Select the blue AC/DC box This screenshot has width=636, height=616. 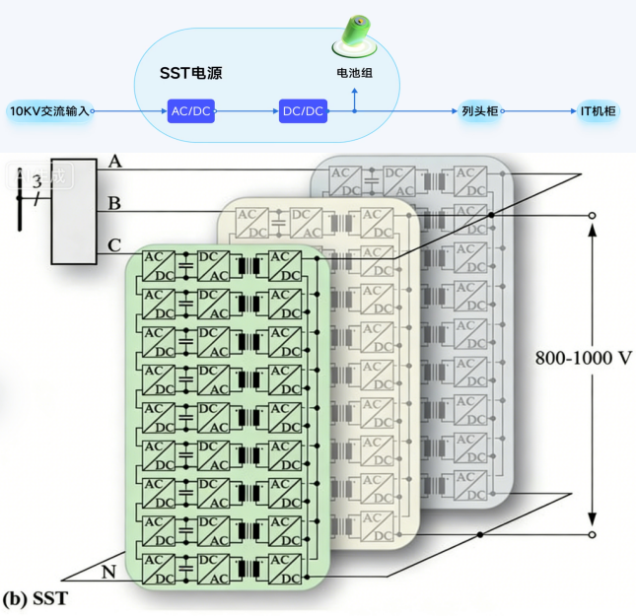click(x=191, y=111)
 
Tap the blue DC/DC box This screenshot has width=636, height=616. click(x=303, y=111)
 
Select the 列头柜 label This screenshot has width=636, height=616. click(x=479, y=111)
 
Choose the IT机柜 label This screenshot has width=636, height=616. click(x=598, y=111)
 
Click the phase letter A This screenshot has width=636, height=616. click(x=115, y=162)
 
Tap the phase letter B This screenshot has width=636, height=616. click(x=115, y=204)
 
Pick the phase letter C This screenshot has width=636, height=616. click(x=115, y=244)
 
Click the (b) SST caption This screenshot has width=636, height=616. click(x=35, y=597)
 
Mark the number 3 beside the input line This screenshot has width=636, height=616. click(x=37, y=181)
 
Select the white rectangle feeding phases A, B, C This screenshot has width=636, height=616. click(x=75, y=211)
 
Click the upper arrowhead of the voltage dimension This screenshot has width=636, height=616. click(x=593, y=228)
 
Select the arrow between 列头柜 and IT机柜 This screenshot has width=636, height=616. click(x=540, y=111)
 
